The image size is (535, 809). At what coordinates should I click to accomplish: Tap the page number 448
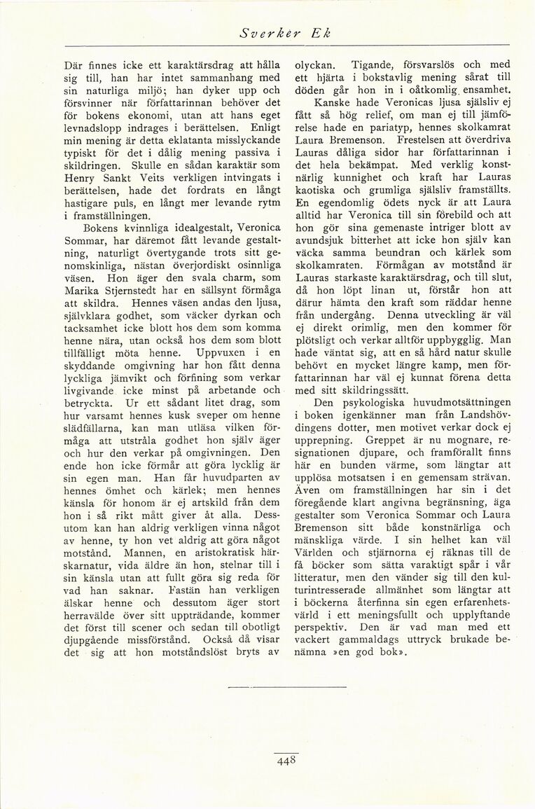click(286, 761)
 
